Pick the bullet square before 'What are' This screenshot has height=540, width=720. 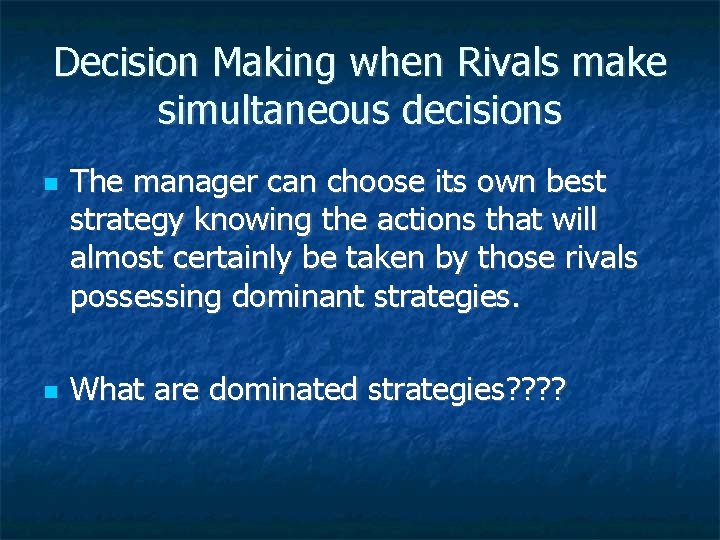22,391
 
